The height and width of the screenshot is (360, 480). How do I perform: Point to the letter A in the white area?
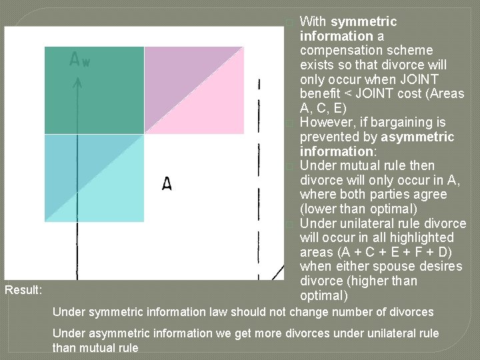[167, 183]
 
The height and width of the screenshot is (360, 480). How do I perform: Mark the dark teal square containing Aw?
[94, 90]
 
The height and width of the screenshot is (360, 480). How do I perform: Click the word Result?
[23, 290]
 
